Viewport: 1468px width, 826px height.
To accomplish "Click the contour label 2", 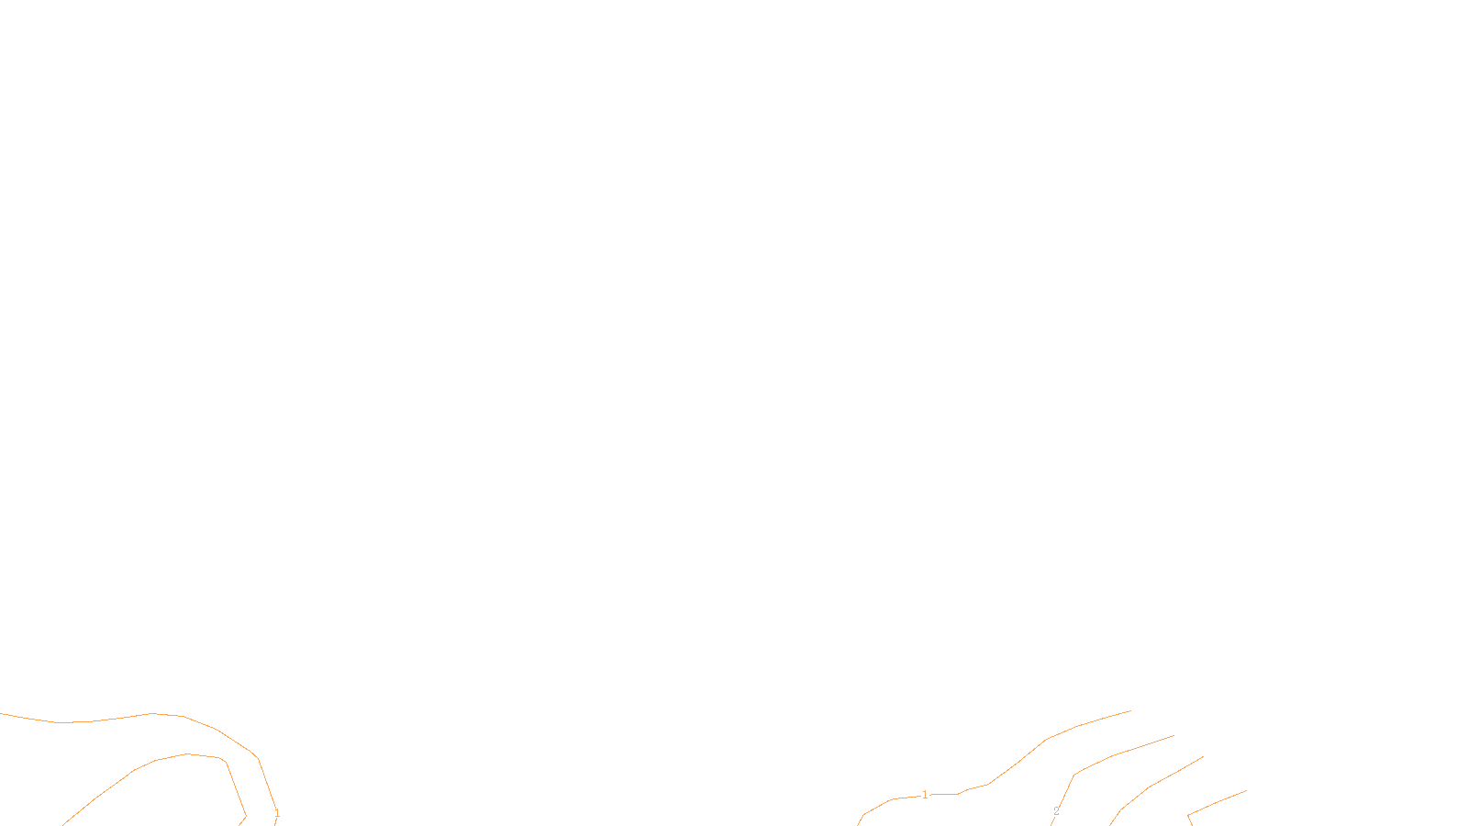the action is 1056,811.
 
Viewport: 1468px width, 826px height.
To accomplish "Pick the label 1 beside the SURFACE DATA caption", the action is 925,795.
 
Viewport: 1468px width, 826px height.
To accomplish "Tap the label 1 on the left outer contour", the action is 277,813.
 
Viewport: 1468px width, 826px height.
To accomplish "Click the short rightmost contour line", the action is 1218,801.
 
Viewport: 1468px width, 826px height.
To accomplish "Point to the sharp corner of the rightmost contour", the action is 1188,815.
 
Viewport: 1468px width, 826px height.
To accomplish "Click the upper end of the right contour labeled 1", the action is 1130,710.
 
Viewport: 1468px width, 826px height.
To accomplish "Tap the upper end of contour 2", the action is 1173,735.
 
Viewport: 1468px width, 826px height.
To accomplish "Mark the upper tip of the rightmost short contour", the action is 1246,790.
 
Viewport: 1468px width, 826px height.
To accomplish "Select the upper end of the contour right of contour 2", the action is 1203,757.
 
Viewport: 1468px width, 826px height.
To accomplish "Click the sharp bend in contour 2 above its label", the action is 1074,775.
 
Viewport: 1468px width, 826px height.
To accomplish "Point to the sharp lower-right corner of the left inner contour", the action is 245,815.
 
